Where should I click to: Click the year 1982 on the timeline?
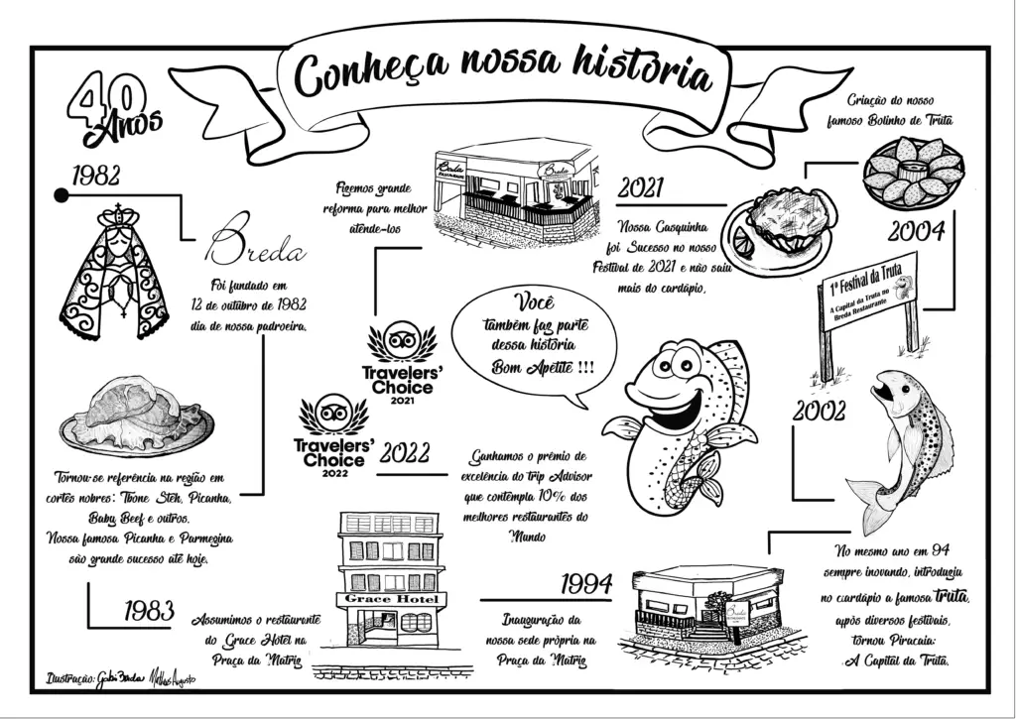[96, 177]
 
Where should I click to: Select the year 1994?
[584, 584]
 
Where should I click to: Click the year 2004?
[915, 232]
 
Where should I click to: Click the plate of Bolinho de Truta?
[912, 170]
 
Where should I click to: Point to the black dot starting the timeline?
[62, 195]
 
